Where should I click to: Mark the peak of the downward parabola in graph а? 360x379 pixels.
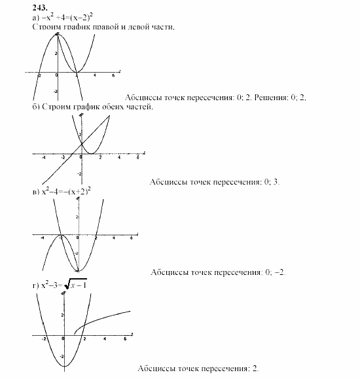pos(58,33)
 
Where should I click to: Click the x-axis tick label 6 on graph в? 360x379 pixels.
pos(132,238)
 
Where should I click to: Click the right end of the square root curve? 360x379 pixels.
pos(130,311)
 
